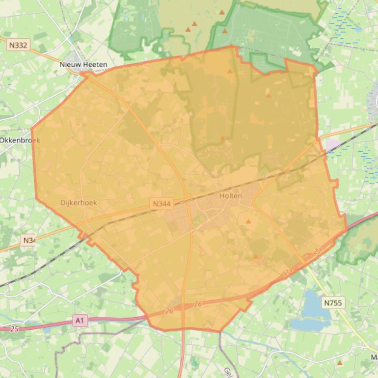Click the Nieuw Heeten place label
[x=83, y=64]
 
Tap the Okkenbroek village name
[x=20, y=140]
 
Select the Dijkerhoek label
[x=79, y=202]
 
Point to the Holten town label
[x=231, y=195]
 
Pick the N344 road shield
[x=162, y=203]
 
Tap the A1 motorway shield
[x=80, y=321]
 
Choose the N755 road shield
[x=333, y=303]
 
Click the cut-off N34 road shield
[x=28, y=240]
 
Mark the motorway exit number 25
[x=14, y=328]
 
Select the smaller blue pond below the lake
[x=303, y=324]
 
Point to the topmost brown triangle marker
[x=222, y=12]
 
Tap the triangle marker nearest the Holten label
[x=248, y=221]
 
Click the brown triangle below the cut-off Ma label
[x=340, y=363]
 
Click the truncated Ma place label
[x=374, y=357]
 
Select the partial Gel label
[x=228, y=372]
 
